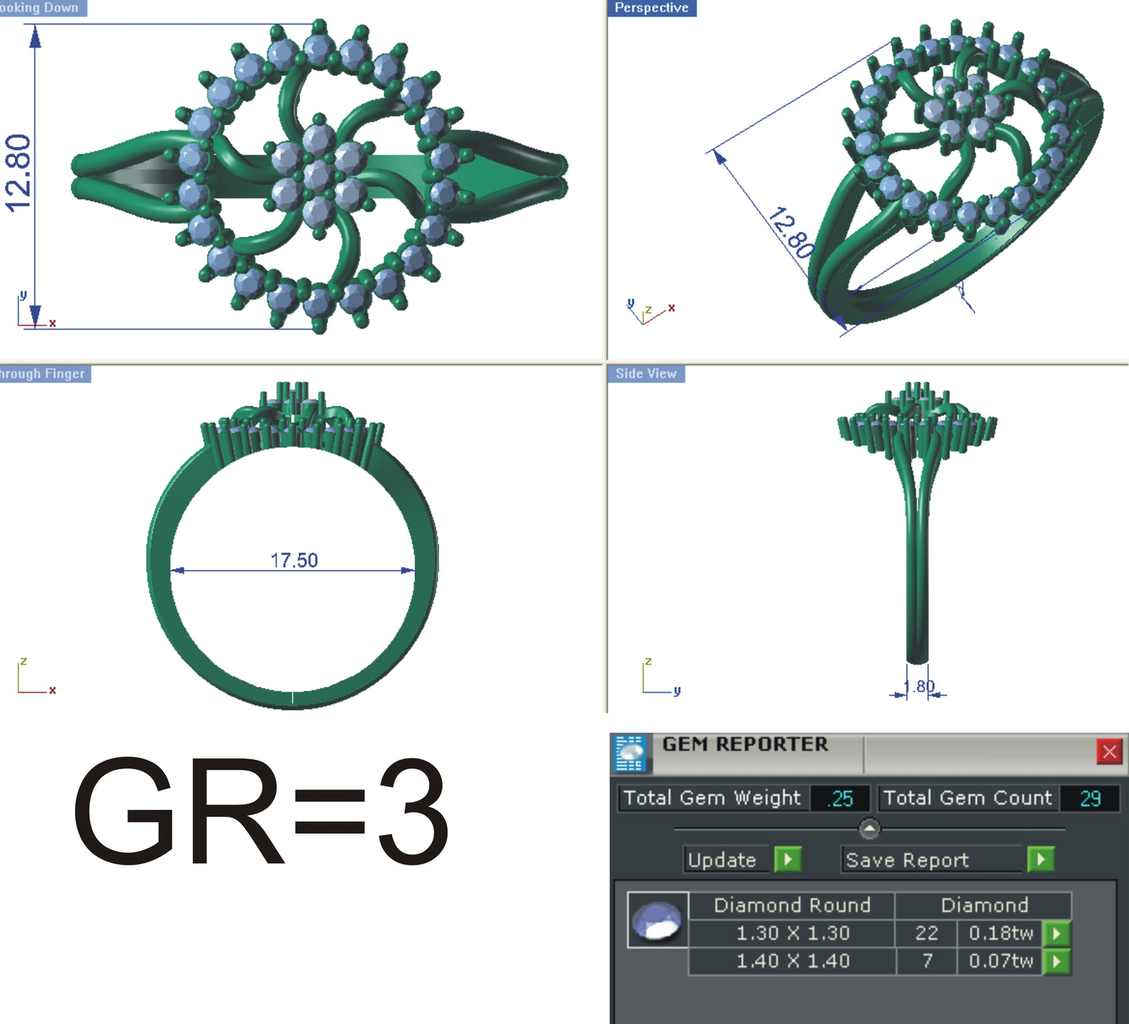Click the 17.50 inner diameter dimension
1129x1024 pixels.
pos(294,560)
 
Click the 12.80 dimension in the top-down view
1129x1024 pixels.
pos(18,173)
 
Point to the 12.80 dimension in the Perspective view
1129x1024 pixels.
pos(790,232)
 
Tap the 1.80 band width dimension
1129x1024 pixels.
pos(920,686)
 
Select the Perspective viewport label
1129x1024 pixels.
pos(651,8)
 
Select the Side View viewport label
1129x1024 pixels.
pos(645,374)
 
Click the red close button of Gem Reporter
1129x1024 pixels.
pos(1109,752)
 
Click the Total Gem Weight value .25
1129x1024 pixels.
pos(840,798)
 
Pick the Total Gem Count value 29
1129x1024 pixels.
pos(1090,798)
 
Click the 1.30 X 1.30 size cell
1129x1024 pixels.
pos(792,933)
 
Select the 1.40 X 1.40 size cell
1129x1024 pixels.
pos(792,961)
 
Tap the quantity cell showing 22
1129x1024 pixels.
pos(927,933)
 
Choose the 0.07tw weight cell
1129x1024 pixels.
pos(1000,961)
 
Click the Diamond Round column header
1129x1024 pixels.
pos(791,905)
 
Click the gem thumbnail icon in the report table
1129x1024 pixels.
pos(657,920)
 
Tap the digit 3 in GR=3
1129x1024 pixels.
pos(414,812)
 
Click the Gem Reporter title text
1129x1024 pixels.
pos(745,744)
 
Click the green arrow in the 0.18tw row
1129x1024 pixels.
pos(1056,933)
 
